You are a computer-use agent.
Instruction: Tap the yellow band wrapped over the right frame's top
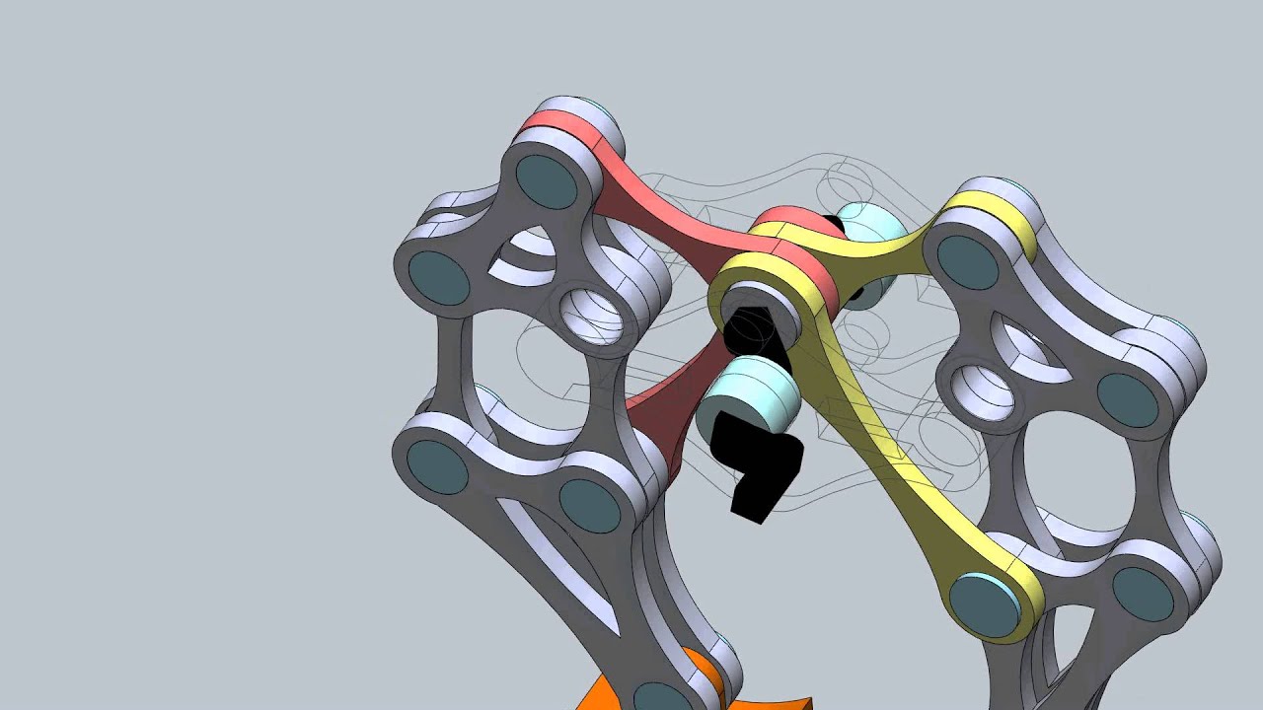click(992, 212)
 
